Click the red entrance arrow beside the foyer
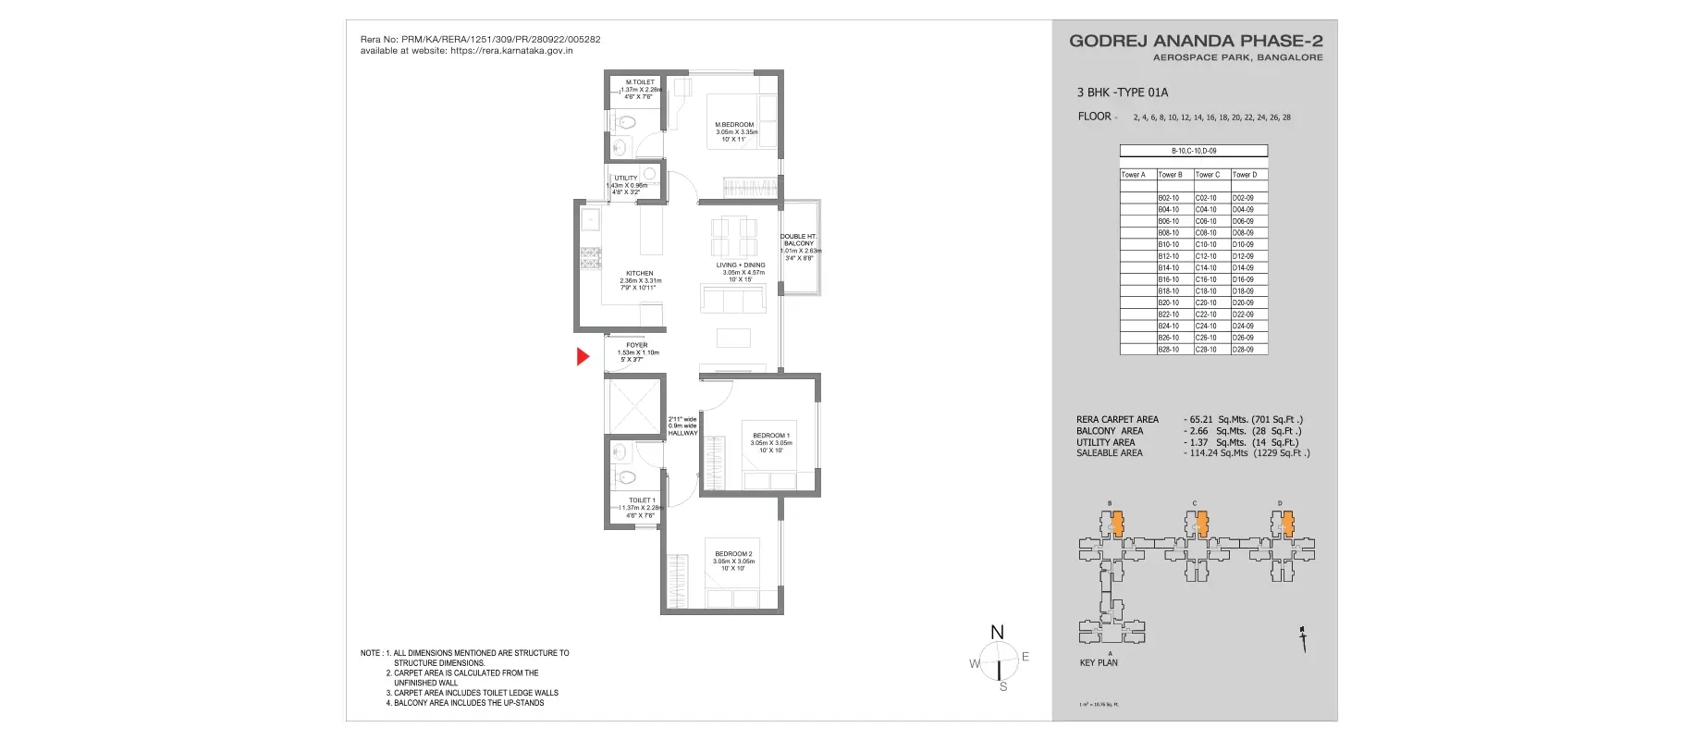pos(583,356)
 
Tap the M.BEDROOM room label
pos(734,125)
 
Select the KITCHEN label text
pos(639,274)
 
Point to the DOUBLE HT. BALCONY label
pos(798,240)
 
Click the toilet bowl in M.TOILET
pos(626,120)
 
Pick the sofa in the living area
pos(733,299)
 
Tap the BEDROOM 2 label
pos(733,554)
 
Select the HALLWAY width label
pos(682,426)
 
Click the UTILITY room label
pos(626,179)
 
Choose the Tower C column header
pos(1208,175)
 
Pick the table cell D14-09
pos(1244,268)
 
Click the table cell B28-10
pos(1169,350)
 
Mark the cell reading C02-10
pos(1206,198)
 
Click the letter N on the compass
pos(997,633)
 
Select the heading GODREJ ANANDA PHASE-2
pos(1196,41)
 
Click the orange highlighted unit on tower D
pos(1286,524)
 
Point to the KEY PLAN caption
pos(1099,663)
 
